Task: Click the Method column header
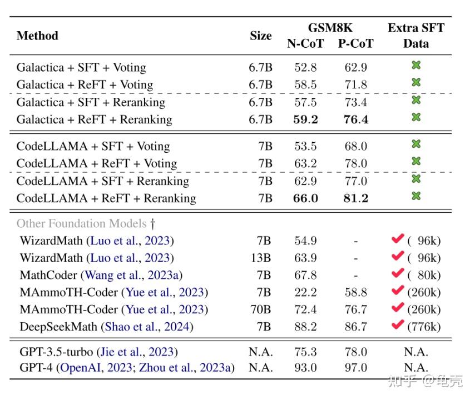coord(37,36)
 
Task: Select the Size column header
coord(260,36)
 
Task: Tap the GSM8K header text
coord(330,28)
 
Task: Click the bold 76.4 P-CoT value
coord(355,119)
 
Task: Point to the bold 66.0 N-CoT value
coord(306,198)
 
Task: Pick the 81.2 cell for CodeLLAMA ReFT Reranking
coord(355,198)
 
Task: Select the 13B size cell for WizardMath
coord(260,258)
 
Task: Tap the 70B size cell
coord(260,309)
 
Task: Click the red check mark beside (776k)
coord(397,326)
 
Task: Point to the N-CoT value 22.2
coord(306,292)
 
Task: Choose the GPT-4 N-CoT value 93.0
coord(306,368)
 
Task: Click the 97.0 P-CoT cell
coord(355,368)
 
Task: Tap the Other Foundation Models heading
coord(82,223)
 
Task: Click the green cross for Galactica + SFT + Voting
coord(416,66)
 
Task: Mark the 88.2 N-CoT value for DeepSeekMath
coord(306,327)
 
